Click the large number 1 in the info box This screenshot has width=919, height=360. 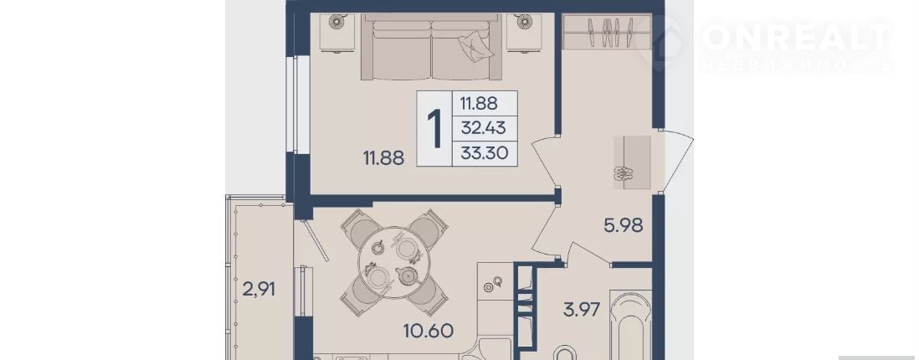[434, 128]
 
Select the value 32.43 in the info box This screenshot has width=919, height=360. [483, 127]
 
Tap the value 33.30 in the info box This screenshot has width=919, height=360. [484, 153]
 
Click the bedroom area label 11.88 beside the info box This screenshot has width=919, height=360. [383, 157]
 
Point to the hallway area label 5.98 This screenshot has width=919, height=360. [624, 224]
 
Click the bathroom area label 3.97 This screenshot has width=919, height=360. [582, 310]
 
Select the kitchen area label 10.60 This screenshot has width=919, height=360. [428, 331]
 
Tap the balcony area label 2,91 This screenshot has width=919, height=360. [259, 289]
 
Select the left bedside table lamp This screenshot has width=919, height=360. [336, 22]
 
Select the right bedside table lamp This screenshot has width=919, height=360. [524, 22]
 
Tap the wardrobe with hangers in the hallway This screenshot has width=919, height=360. [607, 32]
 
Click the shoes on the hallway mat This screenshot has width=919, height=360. [624, 173]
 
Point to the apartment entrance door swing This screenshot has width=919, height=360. [677, 161]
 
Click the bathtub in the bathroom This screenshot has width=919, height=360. [630, 326]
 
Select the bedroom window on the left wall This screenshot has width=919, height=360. [297, 105]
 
